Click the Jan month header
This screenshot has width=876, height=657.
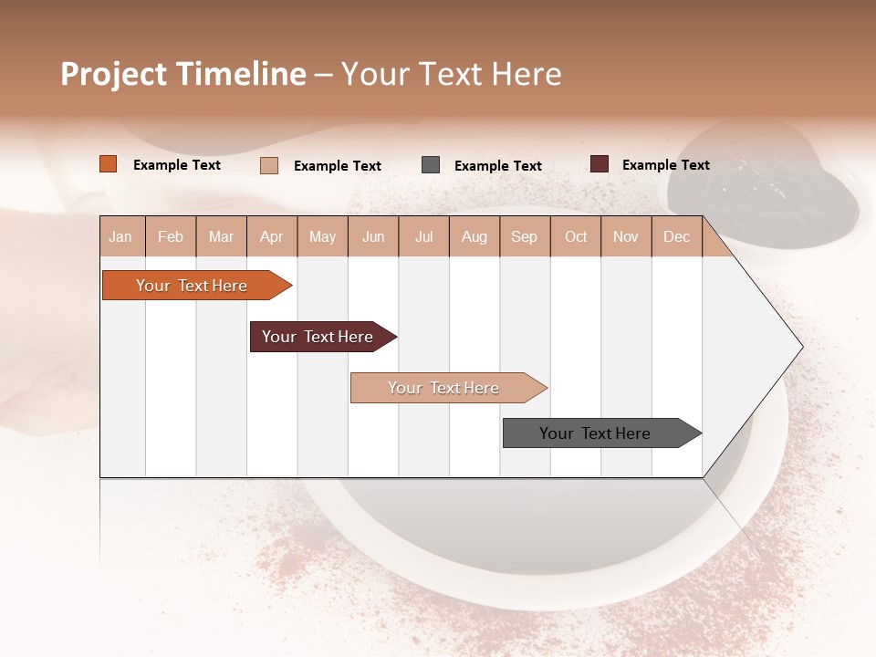120,236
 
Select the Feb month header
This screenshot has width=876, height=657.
171,236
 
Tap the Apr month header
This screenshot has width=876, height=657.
272,236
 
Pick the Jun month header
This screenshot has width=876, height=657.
373,236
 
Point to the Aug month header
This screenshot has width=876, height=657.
474,236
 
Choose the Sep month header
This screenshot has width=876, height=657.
524,236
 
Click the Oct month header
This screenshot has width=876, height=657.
576,236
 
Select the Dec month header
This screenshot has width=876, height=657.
676,236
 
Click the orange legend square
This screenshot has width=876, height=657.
109,164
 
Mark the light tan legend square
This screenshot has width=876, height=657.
269,165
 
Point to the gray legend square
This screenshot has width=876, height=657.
431,165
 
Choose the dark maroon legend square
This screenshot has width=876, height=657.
600,164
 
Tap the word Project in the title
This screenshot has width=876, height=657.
113,74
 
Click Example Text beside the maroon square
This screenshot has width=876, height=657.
665,165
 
